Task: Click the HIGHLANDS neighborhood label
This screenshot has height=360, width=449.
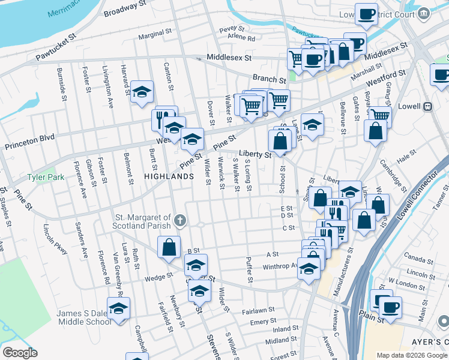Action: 169,176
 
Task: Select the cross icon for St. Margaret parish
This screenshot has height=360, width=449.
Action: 179,221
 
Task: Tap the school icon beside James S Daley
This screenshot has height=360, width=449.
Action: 119,309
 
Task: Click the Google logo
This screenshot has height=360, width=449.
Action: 20,353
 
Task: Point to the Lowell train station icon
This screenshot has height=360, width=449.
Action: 427,106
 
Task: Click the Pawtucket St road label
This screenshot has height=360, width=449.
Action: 56,47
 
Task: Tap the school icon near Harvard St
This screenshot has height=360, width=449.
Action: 142,92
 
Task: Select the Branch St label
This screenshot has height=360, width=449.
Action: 269,79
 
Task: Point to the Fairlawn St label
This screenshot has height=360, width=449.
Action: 258,310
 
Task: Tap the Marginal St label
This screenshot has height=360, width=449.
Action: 155,36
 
